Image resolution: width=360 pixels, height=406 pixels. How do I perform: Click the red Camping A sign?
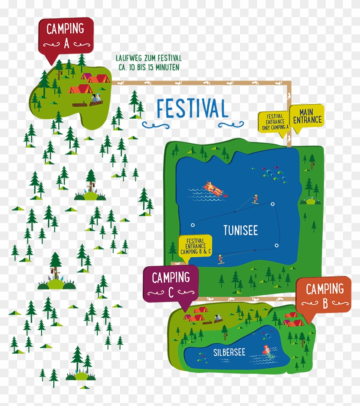(x=65, y=35)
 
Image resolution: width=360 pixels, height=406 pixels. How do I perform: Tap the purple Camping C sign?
(x=170, y=283)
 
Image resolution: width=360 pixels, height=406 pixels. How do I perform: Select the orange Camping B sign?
(x=324, y=295)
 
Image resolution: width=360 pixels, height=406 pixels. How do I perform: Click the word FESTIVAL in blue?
(x=192, y=109)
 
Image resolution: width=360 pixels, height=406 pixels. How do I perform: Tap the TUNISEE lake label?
(x=240, y=231)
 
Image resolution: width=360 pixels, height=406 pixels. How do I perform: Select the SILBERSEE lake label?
(x=229, y=352)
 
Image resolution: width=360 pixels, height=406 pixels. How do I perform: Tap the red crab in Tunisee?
(x=225, y=195)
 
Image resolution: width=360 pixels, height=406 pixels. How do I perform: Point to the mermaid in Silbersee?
(x=267, y=349)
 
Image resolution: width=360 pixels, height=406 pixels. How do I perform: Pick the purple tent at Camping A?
(x=86, y=77)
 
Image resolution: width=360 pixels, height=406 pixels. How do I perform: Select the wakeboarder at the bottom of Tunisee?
(x=221, y=259)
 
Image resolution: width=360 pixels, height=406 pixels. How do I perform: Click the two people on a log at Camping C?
(x=218, y=319)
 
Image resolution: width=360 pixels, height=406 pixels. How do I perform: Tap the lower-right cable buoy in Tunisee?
(x=276, y=246)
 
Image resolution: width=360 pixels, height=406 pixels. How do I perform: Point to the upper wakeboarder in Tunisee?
(x=255, y=199)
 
